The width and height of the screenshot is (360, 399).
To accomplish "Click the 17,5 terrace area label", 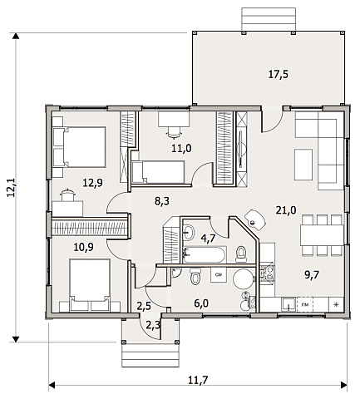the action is [279, 74].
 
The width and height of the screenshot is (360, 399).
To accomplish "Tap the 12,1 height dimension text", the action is [12, 187].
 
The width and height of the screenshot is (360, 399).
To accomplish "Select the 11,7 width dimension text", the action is [198, 380].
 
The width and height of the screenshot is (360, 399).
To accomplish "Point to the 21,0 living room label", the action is [286, 210].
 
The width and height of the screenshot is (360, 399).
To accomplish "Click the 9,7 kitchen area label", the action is [312, 275].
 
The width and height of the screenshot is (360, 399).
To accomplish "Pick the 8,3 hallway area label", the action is [162, 201].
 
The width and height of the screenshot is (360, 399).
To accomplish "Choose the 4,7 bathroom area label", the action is [208, 238].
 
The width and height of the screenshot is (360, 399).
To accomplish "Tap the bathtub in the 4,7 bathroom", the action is [205, 254].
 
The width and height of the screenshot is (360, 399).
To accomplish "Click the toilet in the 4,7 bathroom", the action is [240, 254].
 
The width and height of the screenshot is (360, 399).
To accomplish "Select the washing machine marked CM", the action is [219, 274].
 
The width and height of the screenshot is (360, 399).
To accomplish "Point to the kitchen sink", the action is [288, 305].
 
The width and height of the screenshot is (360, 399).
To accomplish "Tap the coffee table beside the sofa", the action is [303, 165].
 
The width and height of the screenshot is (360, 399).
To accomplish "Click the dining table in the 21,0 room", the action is [322, 235].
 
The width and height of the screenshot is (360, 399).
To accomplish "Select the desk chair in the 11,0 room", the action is [173, 133].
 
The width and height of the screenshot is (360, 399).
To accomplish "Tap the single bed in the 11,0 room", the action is [158, 172].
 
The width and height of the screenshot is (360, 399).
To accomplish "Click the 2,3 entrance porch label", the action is [153, 325].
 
